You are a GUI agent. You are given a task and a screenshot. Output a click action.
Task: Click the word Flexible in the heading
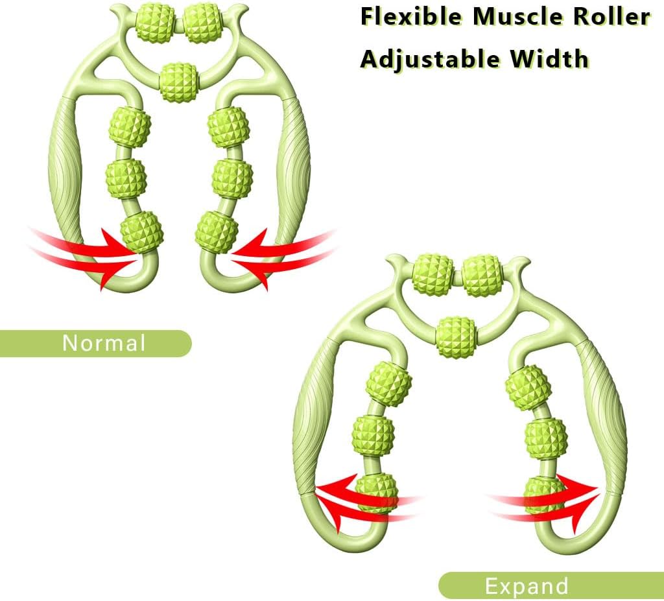click(x=410, y=18)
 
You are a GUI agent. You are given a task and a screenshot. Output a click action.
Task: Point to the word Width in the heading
click(x=549, y=58)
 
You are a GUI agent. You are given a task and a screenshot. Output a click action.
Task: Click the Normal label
click(x=104, y=343)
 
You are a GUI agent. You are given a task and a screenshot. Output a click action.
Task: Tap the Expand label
click(x=527, y=587)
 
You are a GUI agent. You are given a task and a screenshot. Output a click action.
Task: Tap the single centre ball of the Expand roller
click(x=456, y=336)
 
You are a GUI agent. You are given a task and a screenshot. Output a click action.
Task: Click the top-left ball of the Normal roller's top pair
click(x=155, y=23)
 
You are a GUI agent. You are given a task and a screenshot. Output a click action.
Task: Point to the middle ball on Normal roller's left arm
click(x=126, y=179)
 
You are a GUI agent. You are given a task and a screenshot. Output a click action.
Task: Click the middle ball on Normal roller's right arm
click(x=232, y=179)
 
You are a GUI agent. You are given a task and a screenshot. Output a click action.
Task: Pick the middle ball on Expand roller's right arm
click(x=546, y=438)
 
